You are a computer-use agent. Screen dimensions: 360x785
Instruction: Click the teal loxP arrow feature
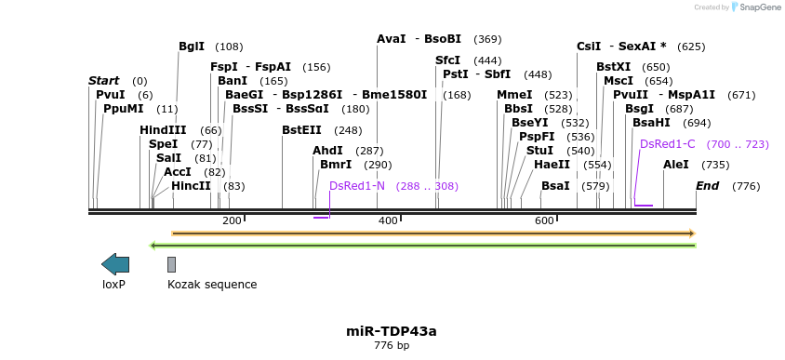pos(115,264)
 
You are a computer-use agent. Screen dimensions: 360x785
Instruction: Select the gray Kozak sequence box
pos(171,265)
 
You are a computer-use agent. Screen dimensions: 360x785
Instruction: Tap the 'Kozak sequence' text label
pos(212,285)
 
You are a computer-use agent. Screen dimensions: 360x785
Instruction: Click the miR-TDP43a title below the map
pos(391,330)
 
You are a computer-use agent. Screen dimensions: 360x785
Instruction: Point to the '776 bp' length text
pos(391,345)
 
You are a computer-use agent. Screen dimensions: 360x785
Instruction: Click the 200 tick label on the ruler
pos(232,220)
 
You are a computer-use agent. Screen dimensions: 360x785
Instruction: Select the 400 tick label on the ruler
pos(388,220)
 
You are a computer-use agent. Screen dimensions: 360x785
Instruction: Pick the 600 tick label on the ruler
pos(544,220)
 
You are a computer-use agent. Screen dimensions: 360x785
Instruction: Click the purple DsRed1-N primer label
pos(357,186)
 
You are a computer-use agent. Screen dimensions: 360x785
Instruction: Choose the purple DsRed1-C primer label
pos(668,144)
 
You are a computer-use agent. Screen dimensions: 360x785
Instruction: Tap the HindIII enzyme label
pos(163,130)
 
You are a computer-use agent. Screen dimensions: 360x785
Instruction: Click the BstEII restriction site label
pos(301,130)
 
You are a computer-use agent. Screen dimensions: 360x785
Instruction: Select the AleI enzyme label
pos(676,165)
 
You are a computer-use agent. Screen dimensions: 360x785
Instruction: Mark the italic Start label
pos(103,81)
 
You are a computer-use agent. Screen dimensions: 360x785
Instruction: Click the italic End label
pos(708,186)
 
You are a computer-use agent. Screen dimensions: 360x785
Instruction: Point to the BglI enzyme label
pos(192,47)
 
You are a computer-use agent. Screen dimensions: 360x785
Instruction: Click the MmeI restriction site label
pos(514,95)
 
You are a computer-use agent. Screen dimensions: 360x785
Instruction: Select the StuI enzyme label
pos(539,151)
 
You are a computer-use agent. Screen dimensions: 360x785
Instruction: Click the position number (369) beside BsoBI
pos(487,40)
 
